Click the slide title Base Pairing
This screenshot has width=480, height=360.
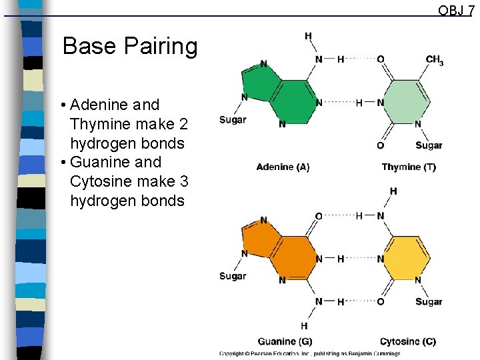tap(129, 47)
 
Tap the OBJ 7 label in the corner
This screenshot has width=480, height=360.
tap(456, 10)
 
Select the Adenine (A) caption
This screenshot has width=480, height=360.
tap(283, 167)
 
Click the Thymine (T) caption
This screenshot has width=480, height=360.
tap(409, 167)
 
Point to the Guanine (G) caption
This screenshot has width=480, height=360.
tap(285, 341)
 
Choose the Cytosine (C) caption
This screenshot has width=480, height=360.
tap(408, 341)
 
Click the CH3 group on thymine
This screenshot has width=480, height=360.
tap(435, 61)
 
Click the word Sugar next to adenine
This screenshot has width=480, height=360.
tap(233, 120)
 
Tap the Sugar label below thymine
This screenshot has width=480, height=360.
tap(429, 145)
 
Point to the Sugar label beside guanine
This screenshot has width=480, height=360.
tap(233, 276)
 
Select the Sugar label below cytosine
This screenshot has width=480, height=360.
tap(429, 301)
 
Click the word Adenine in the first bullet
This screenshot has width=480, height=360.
tap(99, 105)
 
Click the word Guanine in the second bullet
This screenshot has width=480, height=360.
tap(100, 162)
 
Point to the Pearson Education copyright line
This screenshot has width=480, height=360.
tap(310, 353)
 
